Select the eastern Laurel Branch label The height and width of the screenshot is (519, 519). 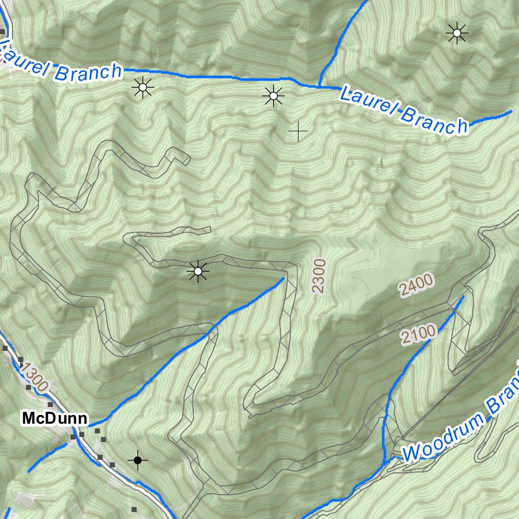(x=403, y=110)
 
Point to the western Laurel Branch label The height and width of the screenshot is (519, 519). (x=61, y=62)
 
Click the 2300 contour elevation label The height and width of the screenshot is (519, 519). (x=319, y=276)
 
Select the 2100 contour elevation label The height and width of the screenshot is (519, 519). (x=419, y=335)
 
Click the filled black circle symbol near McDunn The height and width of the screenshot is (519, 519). (x=137, y=460)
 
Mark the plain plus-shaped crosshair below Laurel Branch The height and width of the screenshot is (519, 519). (x=299, y=132)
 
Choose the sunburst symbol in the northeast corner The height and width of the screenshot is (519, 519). (x=457, y=33)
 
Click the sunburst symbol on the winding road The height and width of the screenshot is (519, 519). (x=198, y=272)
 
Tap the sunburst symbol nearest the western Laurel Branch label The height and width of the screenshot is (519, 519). (x=142, y=88)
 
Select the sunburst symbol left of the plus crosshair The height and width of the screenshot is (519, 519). (x=273, y=95)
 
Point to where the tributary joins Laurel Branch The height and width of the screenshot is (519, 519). (x=320, y=86)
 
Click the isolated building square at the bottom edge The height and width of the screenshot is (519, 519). (x=134, y=509)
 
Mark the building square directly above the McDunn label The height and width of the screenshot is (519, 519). (x=50, y=404)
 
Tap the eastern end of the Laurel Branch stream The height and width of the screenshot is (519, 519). (x=511, y=111)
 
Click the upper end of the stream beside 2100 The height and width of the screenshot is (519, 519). (x=462, y=297)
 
